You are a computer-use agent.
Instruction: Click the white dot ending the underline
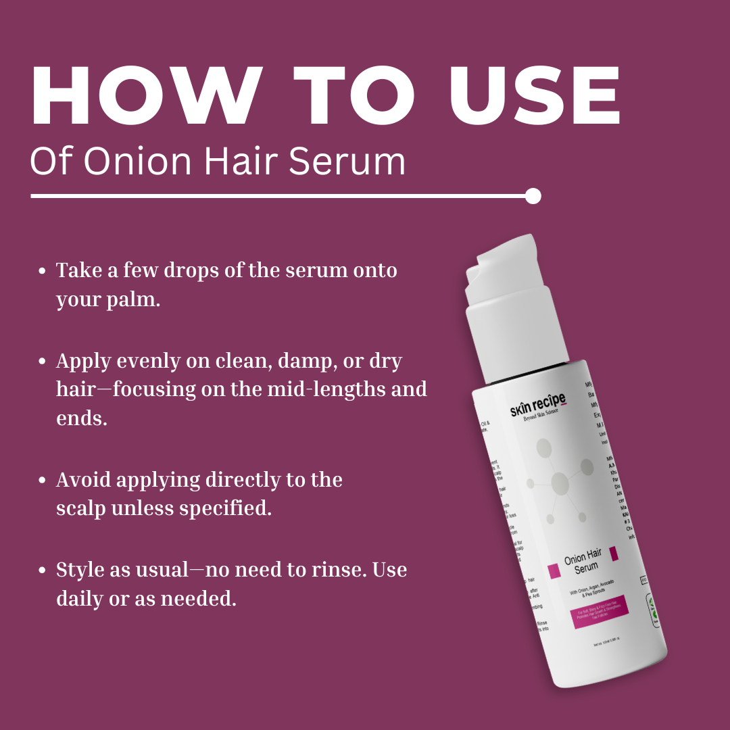[533, 196]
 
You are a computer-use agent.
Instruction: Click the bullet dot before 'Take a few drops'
[43, 271]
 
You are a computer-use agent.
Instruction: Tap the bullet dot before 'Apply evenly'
[43, 362]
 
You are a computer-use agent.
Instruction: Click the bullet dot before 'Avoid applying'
[43, 481]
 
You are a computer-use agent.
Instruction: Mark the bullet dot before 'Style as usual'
[43, 570]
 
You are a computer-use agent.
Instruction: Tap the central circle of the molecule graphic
[560, 483]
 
